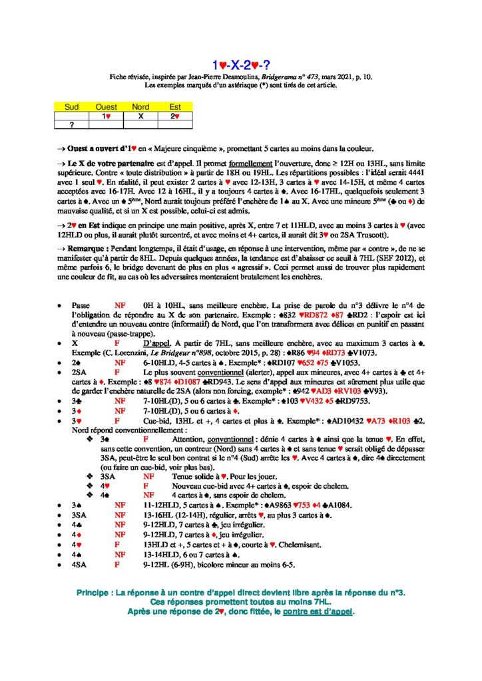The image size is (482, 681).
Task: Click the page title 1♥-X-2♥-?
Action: click(x=240, y=65)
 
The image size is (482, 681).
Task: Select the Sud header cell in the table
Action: click(x=71, y=106)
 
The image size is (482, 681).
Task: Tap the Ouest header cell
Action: click(x=107, y=106)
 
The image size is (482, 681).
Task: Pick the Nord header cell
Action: click(x=140, y=106)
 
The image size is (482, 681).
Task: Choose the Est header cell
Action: click(x=175, y=106)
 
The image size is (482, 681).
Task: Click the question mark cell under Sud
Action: click(x=71, y=123)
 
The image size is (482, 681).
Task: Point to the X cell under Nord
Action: click(x=140, y=115)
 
